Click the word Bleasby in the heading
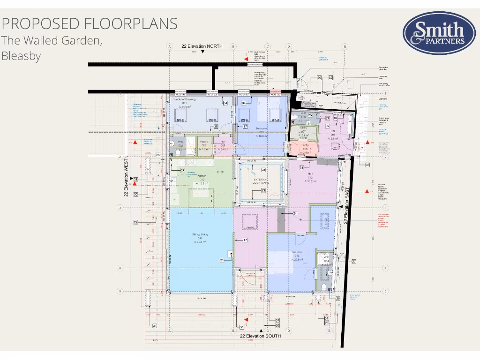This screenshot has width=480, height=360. [21, 56]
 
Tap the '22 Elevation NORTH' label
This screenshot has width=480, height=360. [202, 46]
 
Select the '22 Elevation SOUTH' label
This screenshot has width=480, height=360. [260, 336]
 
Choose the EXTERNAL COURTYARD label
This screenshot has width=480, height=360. [261, 182]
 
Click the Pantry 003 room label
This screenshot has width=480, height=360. [204, 144]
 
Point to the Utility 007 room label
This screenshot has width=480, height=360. [303, 131]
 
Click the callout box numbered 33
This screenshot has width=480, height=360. [367, 165]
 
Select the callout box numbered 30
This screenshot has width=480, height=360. [135, 194]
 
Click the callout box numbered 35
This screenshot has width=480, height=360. [216, 127]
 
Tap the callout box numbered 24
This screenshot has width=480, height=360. [295, 213]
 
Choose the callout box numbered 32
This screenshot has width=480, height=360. [330, 77]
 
